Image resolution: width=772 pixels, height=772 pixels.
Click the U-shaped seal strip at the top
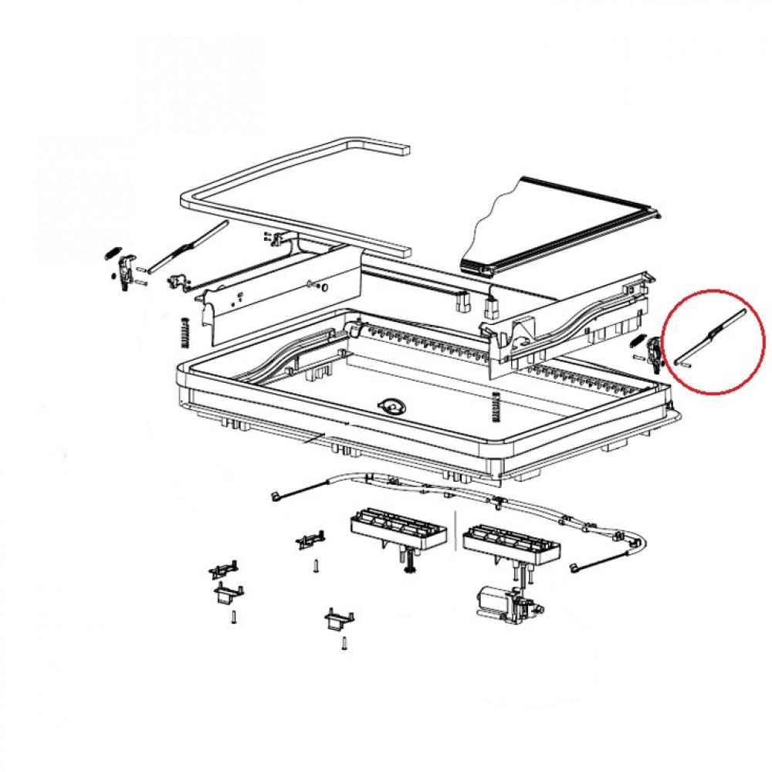click(293, 193)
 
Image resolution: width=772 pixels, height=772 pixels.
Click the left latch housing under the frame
click(399, 531)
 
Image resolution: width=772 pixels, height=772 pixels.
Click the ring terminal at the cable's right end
click(575, 570)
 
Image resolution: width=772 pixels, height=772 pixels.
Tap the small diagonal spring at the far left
click(110, 252)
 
